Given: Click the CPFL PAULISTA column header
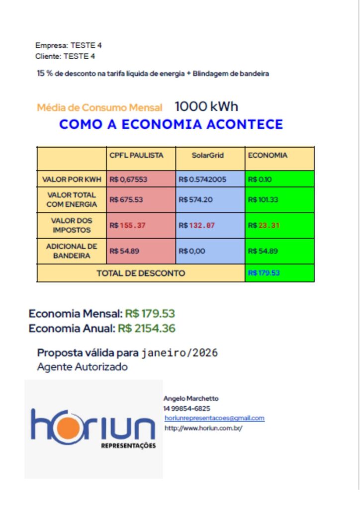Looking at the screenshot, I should tap(136, 155).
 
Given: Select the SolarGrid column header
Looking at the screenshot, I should tap(208, 155).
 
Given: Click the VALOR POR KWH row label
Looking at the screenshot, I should tap(72, 179).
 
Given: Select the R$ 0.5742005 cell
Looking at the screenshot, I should tap(202, 179).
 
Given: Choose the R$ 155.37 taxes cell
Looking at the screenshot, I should tap(127, 225).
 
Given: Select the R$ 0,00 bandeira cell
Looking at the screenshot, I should tap(192, 251).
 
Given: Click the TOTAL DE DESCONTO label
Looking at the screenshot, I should tap(141, 273).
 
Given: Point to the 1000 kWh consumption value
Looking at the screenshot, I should tap(206, 107).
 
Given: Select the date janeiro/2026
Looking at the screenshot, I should tap(180, 353).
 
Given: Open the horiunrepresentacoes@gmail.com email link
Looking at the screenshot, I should tap(215, 419).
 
